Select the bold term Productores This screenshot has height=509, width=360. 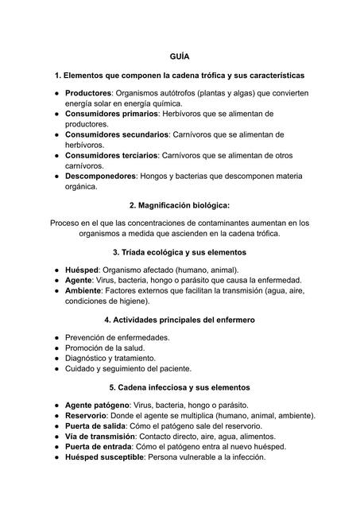point(87,94)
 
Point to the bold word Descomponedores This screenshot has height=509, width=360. point(99,176)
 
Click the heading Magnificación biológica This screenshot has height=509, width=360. point(180,205)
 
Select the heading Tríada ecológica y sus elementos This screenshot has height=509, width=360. point(180,252)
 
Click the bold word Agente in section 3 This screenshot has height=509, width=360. point(81,281)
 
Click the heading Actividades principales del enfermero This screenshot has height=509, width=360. point(180,320)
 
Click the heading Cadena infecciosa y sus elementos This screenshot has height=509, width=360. point(180,387)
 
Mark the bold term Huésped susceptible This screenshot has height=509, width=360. point(103,457)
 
